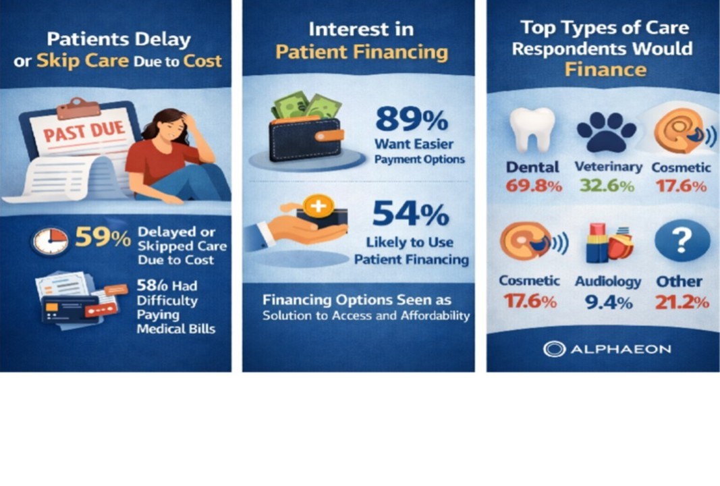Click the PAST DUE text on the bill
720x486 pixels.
[84, 131]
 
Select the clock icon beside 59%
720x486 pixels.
[50, 241]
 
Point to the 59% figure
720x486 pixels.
[103, 238]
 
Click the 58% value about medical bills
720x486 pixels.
[152, 286]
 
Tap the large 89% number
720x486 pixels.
[412, 119]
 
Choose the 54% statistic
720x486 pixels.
[411, 213]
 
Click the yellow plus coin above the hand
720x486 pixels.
[319, 206]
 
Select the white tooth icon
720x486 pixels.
[532, 130]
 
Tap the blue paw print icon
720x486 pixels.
[607, 132]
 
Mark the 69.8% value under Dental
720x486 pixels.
[534, 186]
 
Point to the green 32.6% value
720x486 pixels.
[607, 186]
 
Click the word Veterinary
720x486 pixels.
[609, 166]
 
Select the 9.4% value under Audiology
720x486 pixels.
[609, 302]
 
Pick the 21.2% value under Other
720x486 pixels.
[682, 302]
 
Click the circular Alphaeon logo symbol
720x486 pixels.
[554, 349]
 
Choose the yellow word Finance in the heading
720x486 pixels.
[605, 70]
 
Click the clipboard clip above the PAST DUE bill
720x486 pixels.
[78, 109]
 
